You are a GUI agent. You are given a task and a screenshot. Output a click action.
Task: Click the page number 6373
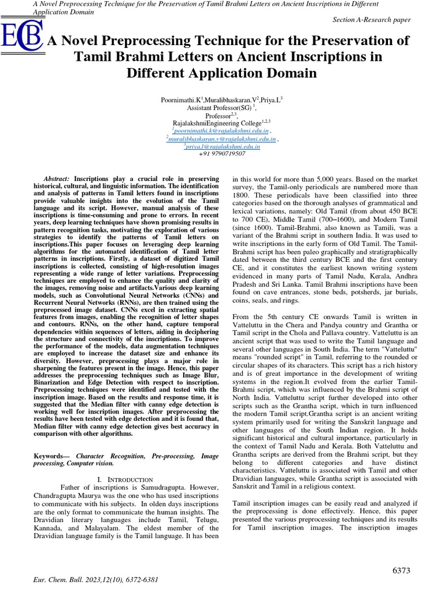401,571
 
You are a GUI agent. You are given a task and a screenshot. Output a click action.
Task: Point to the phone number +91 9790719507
222,154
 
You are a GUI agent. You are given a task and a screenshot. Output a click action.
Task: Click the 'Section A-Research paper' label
372,20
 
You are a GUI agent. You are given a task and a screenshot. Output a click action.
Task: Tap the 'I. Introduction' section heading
125,480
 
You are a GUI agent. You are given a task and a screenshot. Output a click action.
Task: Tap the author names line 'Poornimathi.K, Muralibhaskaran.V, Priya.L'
221,100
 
